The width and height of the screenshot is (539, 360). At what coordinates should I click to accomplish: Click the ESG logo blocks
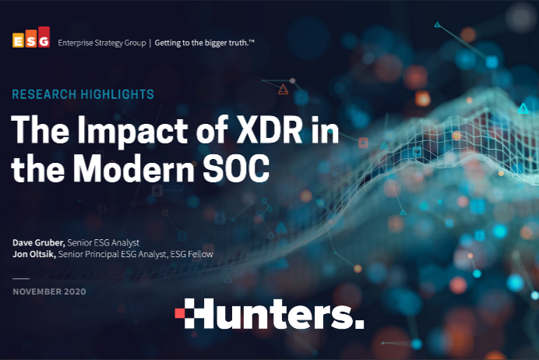(x=31, y=37)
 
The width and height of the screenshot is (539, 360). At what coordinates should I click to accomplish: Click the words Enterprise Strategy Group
(x=102, y=43)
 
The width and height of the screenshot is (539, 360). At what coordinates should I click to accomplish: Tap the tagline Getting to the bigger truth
(x=204, y=43)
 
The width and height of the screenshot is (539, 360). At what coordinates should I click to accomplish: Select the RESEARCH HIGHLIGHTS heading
(x=83, y=94)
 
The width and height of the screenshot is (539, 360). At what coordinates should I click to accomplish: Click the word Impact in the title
(x=132, y=131)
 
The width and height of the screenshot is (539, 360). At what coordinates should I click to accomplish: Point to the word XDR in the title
(x=269, y=130)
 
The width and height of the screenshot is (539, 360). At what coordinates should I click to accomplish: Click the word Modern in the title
(x=134, y=168)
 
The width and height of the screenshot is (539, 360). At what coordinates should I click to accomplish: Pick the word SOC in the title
(x=236, y=168)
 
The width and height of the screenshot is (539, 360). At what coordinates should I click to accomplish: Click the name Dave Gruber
(x=38, y=243)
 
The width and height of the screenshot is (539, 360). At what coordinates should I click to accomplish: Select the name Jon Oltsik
(x=34, y=254)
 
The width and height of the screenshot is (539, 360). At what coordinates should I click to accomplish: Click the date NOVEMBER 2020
(x=49, y=291)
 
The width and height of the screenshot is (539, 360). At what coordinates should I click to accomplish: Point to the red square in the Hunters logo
(x=180, y=313)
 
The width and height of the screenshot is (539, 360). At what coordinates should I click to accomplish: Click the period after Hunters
(x=359, y=323)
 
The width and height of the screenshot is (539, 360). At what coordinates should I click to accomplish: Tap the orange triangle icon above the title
(x=283, y=90)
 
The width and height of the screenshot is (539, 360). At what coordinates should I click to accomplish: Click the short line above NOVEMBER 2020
(x=21, y=278)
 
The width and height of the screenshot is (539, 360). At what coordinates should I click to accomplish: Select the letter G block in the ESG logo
(x=44, y=37)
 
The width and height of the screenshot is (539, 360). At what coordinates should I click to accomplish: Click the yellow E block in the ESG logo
(x=18, y=41)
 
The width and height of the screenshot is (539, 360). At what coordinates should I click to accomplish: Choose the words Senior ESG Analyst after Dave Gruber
(x=103, y=243)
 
